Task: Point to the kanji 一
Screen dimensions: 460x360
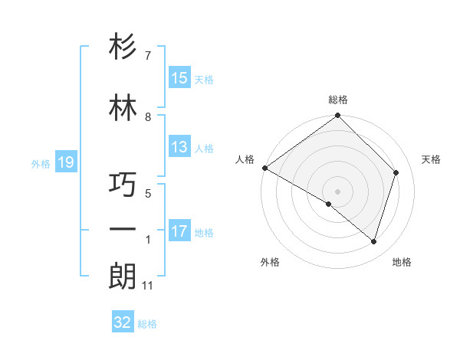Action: click(x=123, y=229)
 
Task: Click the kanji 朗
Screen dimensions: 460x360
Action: click(x=123, y=276)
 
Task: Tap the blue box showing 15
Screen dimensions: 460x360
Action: click(x=179, y=78)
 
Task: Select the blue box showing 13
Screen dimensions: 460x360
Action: click(x=179, y=147)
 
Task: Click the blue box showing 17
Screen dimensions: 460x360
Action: click(x=179, y=231)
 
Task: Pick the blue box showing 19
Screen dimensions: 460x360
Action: click(x=65, y=162)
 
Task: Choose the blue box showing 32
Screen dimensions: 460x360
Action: click(x=123, y=322)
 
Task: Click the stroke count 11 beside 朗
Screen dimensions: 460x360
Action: click(x=147, y=286)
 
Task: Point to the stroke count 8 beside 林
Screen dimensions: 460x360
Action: click(x=148, y=117)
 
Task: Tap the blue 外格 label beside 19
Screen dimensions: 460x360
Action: click(x=40, y=163)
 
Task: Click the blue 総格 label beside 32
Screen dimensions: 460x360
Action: click(x=147, y=324)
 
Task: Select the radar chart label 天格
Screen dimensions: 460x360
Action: click(x=431, y=159)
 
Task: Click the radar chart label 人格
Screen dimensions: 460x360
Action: click(x=245, y=159)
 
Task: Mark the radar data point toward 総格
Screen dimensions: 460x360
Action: click(x=337, y=116)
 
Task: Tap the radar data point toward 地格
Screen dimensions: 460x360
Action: click(x=373, y=241)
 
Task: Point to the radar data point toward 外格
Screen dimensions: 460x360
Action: click(x=329, y=204)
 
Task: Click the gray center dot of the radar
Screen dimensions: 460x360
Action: click(x=337, y=191)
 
